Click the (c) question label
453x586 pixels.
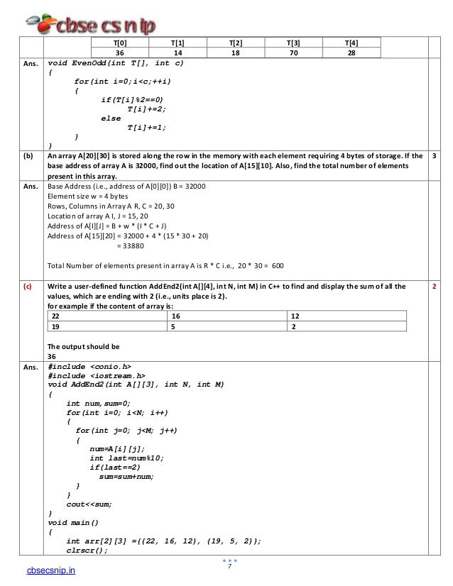pyautogui.click(x=26, y=286)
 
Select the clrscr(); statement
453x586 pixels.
pyautogui.click(x=87, y=549)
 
